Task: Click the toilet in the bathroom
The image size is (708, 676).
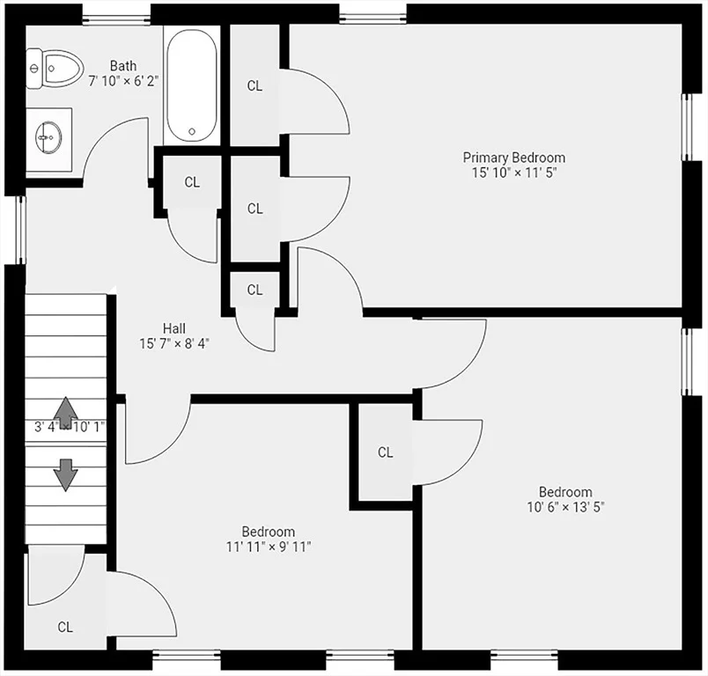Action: [55, 69]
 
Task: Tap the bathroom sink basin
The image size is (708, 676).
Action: [48, 137]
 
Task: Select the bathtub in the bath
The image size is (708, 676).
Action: [191, 85]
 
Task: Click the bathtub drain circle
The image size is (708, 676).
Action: [192, 131]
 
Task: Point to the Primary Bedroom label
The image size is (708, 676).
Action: [514, 158]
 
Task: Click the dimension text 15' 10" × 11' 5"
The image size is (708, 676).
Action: [514, 173]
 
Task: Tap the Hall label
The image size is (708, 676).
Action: [173, 328]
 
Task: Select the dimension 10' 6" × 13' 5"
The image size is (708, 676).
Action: [565, 507]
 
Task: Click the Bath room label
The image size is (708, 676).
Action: [122, 66]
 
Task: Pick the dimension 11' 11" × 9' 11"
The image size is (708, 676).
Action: [269, 547]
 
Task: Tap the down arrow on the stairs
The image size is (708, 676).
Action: [66, 474]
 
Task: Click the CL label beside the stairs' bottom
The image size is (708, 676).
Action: [65, 627]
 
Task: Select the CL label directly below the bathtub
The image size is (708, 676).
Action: [192, 182]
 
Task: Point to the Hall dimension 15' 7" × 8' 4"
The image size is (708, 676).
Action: [173, 344]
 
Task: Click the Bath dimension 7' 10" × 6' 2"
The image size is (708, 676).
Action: [122, 82]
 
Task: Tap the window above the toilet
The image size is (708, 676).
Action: [116, 19]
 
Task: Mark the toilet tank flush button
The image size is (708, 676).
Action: [33, 69]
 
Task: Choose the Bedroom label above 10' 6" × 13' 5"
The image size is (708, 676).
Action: [565, 491]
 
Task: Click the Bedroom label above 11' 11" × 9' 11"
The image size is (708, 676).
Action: [269, 531]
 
